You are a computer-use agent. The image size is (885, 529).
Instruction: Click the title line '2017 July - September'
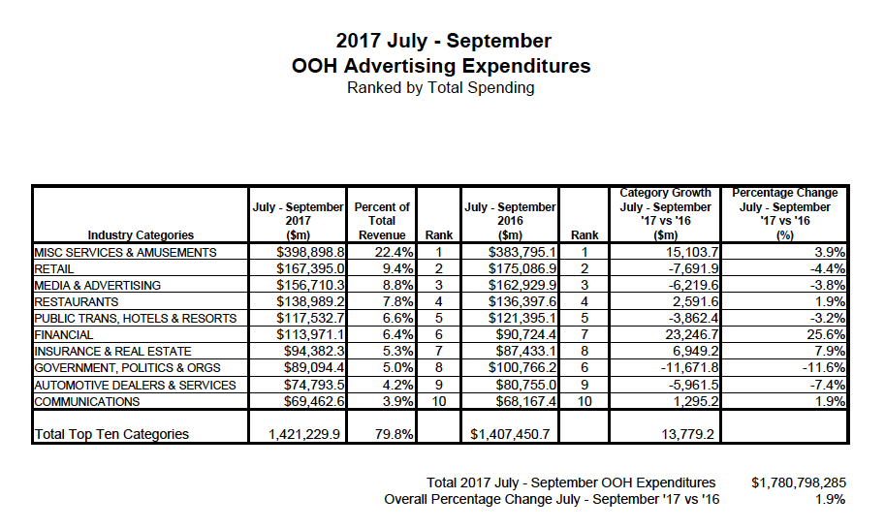[x=442, y=42]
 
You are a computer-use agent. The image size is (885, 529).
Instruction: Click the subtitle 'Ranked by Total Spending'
[x=441, y=88]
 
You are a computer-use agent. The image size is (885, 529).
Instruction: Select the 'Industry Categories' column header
[x=141, y=234]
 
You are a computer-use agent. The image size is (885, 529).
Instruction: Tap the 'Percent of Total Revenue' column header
[x=382, y=221]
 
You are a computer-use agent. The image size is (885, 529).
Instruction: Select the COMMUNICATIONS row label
[x=87, y=401]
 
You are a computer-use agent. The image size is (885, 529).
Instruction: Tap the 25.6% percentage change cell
[x=826, y=335]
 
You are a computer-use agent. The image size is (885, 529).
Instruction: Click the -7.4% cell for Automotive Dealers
[x=827, y=385]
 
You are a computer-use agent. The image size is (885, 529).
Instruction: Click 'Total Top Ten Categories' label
[x=111, y=434]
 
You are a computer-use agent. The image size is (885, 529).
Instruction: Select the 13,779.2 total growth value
[x=687, y=434]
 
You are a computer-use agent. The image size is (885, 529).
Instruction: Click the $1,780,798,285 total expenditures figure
[x=798, y=482]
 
